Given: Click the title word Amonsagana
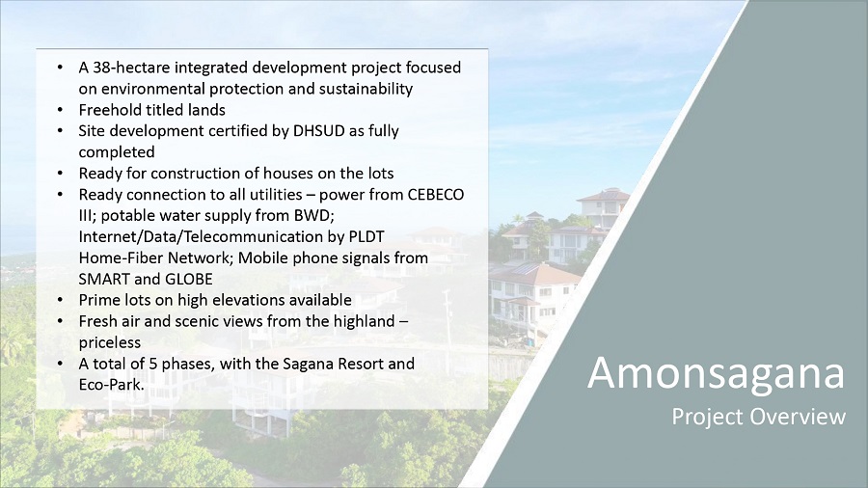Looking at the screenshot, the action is coord(717,373).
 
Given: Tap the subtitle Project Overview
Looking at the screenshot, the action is coord(758,417).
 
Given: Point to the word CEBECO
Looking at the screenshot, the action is coord(436,195).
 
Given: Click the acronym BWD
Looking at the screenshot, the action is coord(316,216).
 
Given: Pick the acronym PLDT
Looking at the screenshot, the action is coord(366,237).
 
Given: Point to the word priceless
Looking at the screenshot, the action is coord(110,342).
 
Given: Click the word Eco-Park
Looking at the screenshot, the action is coord(111,385).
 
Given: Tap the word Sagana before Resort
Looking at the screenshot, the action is coord(308,364).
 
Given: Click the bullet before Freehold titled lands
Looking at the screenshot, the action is coord(60,110).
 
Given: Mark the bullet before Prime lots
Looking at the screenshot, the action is coord(60,300).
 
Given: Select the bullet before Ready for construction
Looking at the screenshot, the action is coord(60,174).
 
